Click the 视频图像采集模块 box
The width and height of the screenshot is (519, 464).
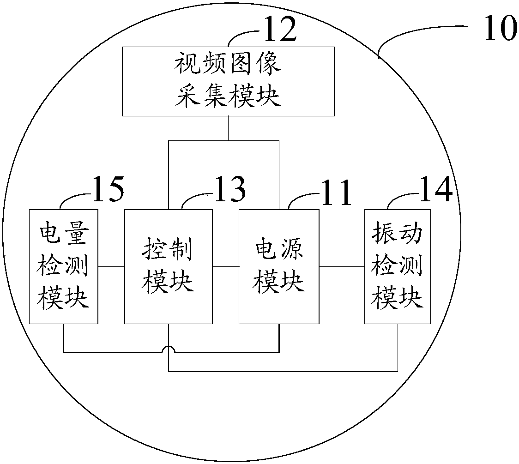pyautogui.click(x=229, y=81)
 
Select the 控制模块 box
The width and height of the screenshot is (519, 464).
pyautogui.click(x=169, y=266)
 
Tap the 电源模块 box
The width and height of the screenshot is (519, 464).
pyautogui.click(x=279, y=266)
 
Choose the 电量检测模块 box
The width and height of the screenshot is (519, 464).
pyautogui.click(x=64, y=266)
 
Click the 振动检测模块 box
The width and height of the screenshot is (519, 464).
pyautogui.click(x=398, y=266)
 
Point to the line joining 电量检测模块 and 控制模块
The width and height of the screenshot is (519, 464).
pyautogui.click(x=112, y=266)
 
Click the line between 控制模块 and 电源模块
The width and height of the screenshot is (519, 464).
pyautogui.click(x=226, y=266)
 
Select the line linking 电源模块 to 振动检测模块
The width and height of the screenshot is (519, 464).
pyautogui.click(x=342, y=266)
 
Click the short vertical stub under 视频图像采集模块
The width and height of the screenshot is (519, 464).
pyautogui.click(x=229, y=128)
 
